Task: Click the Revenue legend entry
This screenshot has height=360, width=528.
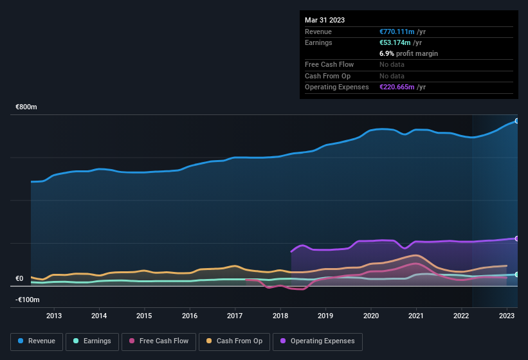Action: (x=37, y=341)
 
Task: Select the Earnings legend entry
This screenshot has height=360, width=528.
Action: (x=91, y=341)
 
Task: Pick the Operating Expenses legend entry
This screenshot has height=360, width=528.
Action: (x=318, y=341)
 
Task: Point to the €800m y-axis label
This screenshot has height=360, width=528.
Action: (x=26, y=107)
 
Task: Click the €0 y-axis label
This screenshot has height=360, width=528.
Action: (x=19, y=279)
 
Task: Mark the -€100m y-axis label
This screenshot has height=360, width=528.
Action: (x=28, y=300)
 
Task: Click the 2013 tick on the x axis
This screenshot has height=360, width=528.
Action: (x=54, y=316)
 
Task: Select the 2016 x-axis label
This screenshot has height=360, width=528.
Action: (x=190, y=316)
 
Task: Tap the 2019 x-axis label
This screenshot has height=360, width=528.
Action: (x=325, y=316)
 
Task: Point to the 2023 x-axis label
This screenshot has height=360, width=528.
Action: (x=507, y=316)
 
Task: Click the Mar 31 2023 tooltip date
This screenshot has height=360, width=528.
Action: (x=325, y=20)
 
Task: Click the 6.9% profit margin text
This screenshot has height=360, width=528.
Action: (x=409, y=53)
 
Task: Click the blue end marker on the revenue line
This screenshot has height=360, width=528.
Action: (x=517, y=121)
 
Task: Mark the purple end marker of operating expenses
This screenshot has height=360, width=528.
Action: (x=517, y=239)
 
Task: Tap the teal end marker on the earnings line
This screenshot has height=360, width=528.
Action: (x=517, y=274)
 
